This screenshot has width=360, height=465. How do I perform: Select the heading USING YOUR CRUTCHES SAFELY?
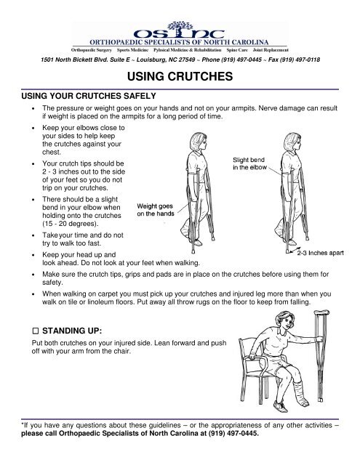coord(86,95)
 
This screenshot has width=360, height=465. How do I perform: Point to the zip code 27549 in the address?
coord(173,60)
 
